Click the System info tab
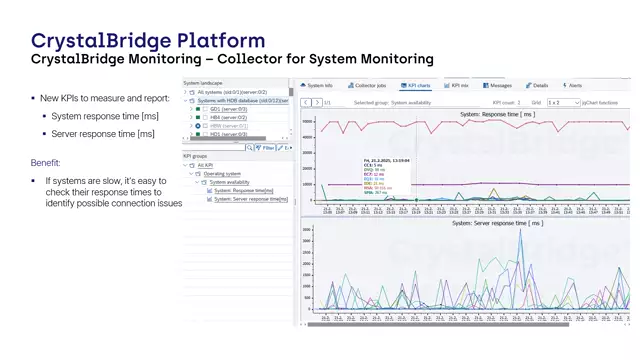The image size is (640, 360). click(x=319, y=86)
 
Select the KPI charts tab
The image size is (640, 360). click(x=417, y=86)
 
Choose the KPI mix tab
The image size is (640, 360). click(x=459, y=86)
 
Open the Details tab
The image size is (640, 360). click(x=540, y=86)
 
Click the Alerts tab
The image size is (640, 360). click(x=574, y=86)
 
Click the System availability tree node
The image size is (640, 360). click(x=230, y=182)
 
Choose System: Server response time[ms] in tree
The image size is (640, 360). click(x=250, y=199)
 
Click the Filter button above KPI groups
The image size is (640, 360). click(x=266, y=147)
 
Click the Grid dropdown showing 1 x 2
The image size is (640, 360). click(x=564, y=102)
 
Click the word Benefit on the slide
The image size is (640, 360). click(x=46, y=162)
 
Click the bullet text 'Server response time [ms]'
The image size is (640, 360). click(x=104, y=134)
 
